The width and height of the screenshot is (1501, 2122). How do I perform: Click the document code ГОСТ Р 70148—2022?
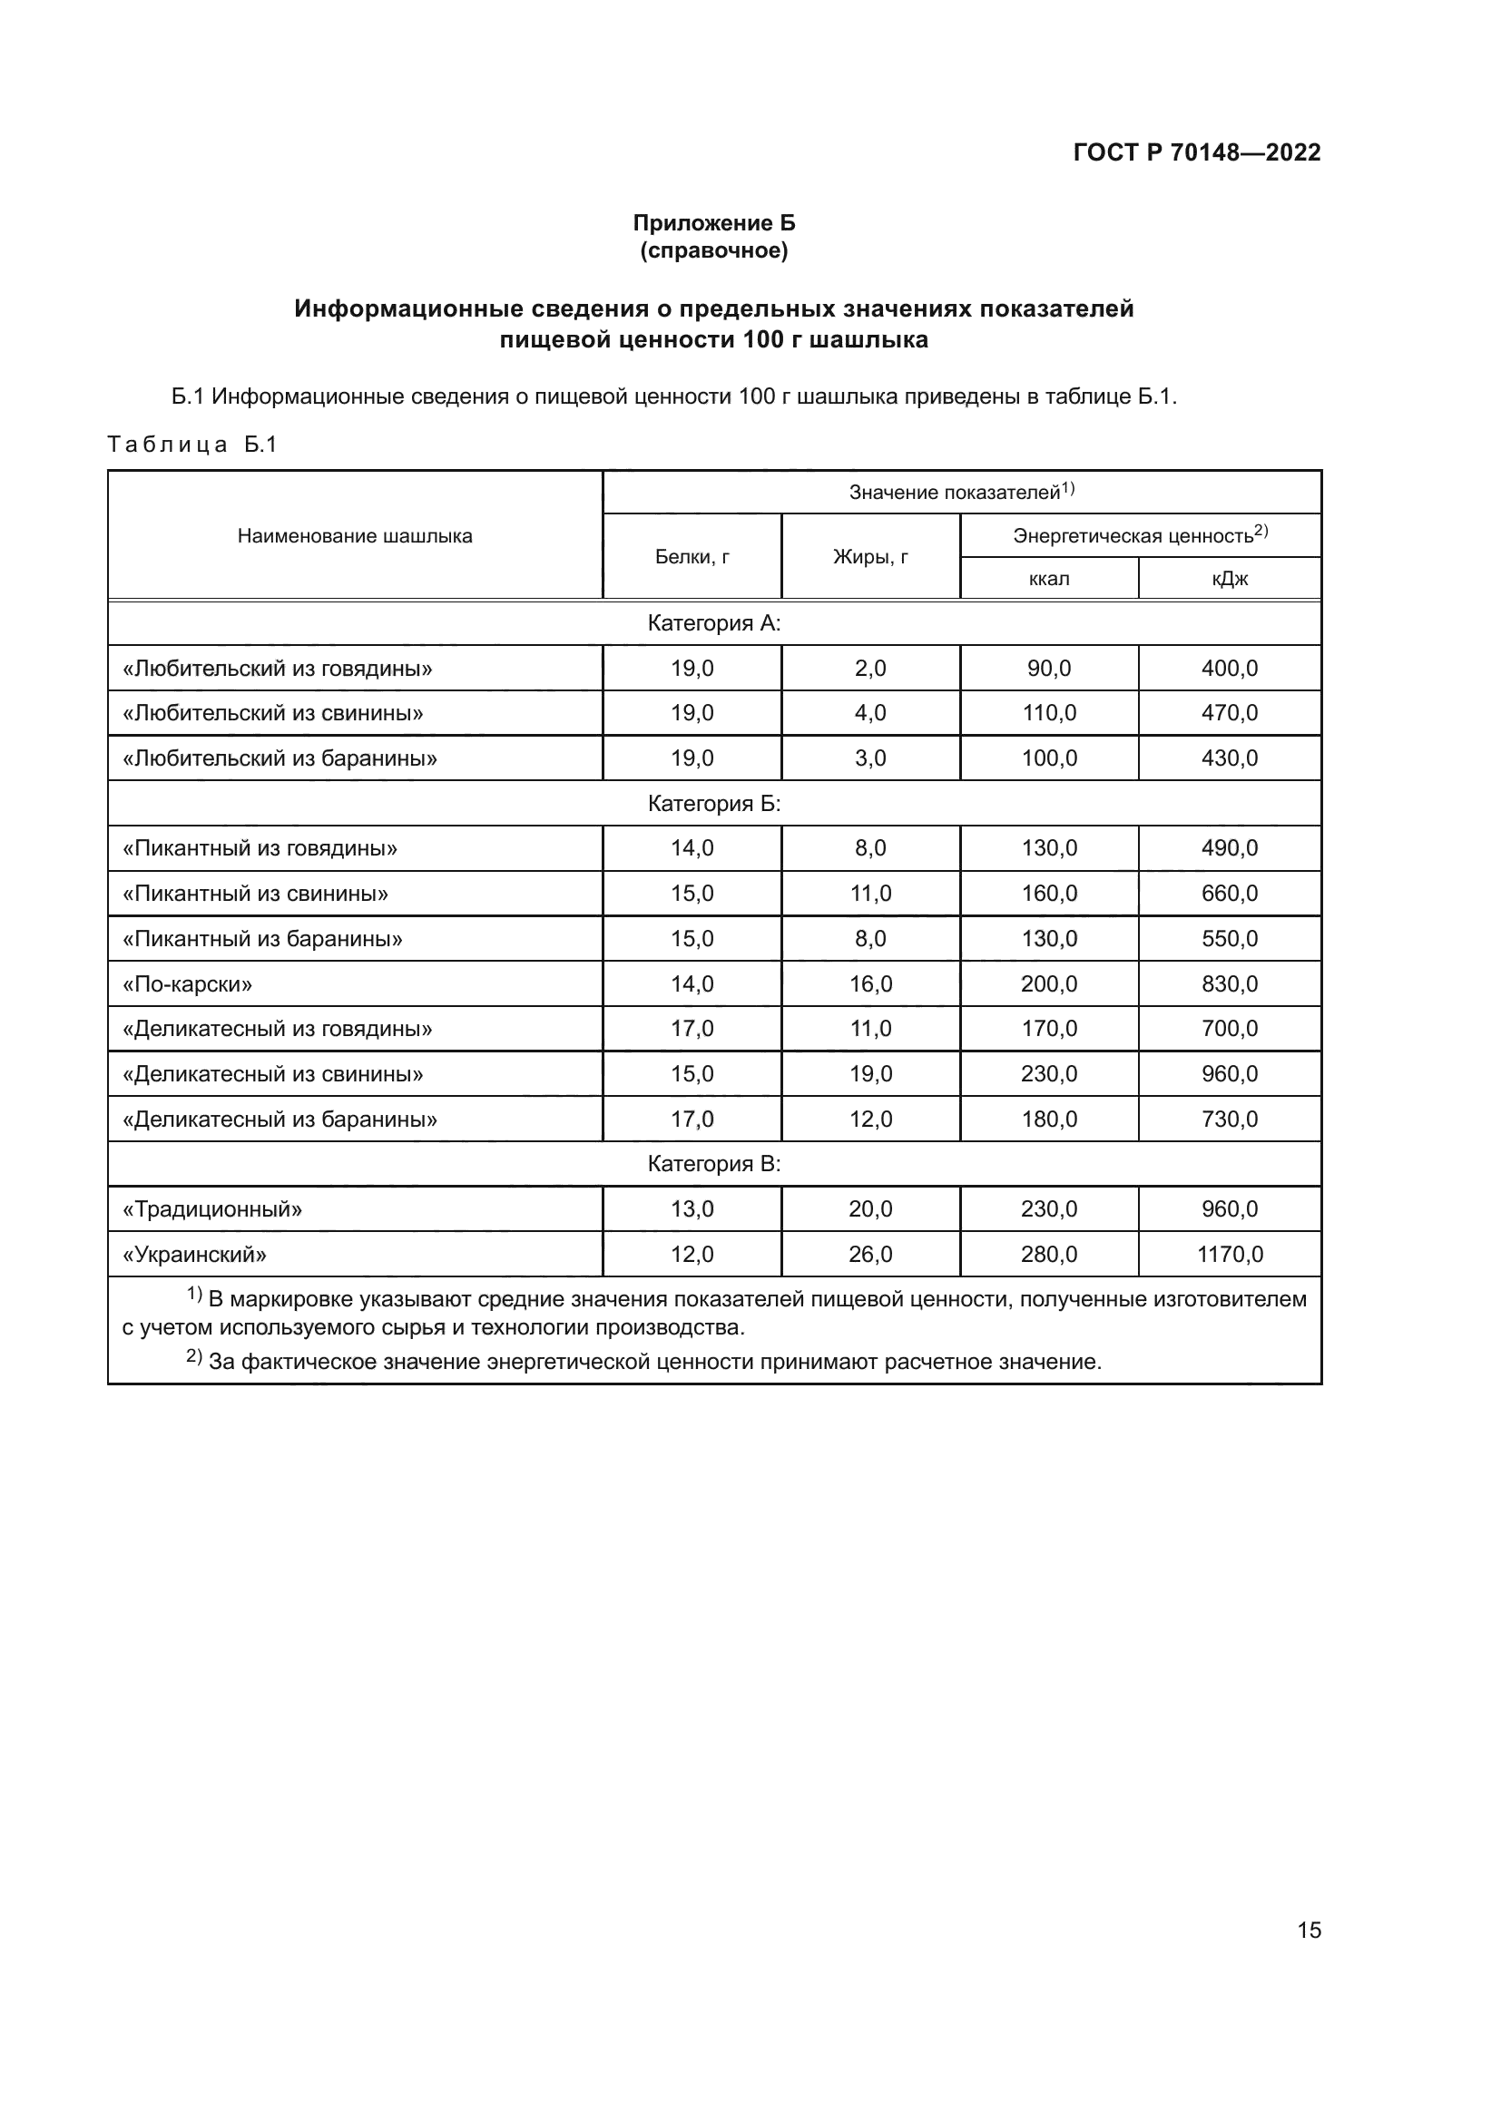tap(1197, 152)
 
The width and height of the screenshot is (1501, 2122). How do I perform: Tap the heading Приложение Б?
tap(713, 223)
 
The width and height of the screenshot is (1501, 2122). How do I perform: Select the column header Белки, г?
tap(692, 556)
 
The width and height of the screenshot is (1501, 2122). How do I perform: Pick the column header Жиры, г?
tap(869, 556)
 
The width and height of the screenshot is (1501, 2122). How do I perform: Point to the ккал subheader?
tap(1049, 580)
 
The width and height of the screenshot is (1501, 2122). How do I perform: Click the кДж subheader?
tap(1230, 580)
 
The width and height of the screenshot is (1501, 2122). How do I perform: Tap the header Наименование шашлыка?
tap(355, 536)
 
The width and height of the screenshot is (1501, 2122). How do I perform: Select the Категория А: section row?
tap(713, 623)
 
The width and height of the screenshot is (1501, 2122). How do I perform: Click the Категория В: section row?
tap(713, 1164)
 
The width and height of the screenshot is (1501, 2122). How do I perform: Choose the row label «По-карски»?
tap(188, 984)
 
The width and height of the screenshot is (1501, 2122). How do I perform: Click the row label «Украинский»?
tap(195, 1255)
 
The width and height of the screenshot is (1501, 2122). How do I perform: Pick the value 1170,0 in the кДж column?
tap(1230, 1254)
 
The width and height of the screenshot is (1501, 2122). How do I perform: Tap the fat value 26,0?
tap(869, 1254)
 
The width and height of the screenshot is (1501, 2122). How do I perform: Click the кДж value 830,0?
tap(1230, 983)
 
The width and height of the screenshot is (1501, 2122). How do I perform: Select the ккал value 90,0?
tap(1049, 669)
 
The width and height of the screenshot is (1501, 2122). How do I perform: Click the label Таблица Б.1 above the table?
tap(192, 445)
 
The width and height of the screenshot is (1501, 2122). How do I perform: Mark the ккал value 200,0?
tap(1049, 983)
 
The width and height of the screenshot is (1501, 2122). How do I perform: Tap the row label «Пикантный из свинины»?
tap(256, 894)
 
